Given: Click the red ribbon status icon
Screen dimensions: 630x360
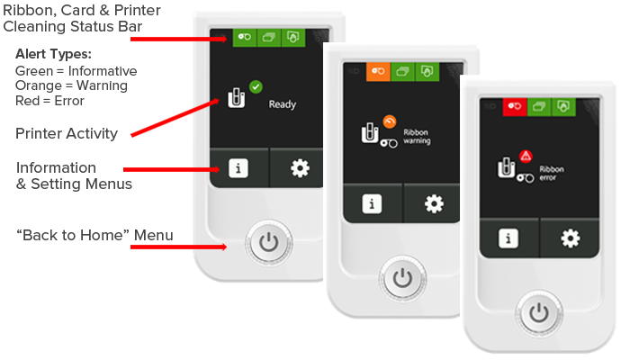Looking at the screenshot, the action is [x=515, y=106].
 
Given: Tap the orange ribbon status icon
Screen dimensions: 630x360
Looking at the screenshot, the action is [x=378, y=71].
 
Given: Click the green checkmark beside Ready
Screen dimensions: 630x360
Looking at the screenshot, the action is [x=256, y=86].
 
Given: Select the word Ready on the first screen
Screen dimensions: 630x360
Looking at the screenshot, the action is [x=283, y=104].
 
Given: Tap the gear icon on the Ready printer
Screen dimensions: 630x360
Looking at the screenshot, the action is [x=300, y=168].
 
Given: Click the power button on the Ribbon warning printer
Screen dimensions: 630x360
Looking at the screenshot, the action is [x=402, y=278].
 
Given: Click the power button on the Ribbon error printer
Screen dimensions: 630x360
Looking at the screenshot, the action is [x=539, y=313].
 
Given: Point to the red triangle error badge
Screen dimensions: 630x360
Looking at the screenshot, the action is [x=526, y=156].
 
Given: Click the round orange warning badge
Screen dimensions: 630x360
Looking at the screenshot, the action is [x=390, y=121].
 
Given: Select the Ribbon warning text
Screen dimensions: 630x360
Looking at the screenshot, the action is [x=417, y=137].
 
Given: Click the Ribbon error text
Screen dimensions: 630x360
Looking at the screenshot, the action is [x=551, y=173].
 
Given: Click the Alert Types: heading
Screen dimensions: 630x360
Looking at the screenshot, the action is [x=53, y=54].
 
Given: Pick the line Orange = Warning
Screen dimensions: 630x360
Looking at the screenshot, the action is [x=71, y=85].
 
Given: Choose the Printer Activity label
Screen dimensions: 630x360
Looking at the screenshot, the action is [x=67, y=133].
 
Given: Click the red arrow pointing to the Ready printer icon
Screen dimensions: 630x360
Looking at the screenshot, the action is [x=175, y=118].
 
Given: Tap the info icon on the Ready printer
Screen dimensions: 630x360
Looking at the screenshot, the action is [x=238, y=168].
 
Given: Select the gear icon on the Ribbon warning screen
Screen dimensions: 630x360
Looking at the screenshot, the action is [x=434, y=203].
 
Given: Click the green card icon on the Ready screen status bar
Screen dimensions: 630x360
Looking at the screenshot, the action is [x=269, y=38].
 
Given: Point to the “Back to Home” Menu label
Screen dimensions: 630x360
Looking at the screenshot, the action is [x=94, y=235].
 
